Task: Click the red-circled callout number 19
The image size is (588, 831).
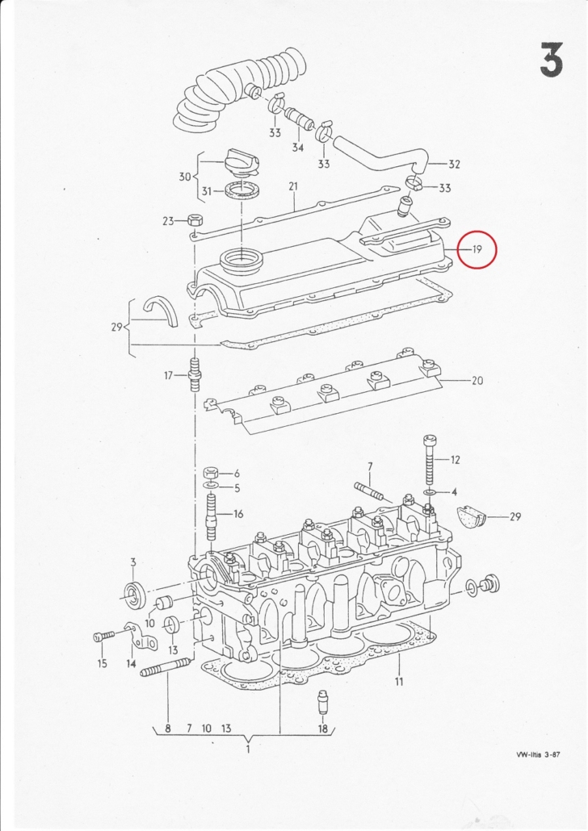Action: coord(477,249)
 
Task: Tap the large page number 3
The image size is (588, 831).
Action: coord(552,60)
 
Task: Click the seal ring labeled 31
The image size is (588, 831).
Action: coord(242,190)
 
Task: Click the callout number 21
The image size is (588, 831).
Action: coord(293,186)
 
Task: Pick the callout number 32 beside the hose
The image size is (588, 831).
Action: coord(454,165)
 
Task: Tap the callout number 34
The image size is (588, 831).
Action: coord(298,148)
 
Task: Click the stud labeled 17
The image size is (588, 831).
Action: coord(195,374)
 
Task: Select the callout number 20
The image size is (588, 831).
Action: coord(477,381)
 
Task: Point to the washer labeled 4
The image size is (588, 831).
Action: coord(429,493)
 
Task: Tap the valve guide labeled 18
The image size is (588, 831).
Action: coord(321,702)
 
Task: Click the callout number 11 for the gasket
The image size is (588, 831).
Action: coord(398,681)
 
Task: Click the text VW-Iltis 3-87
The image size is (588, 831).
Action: coord(538,754)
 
